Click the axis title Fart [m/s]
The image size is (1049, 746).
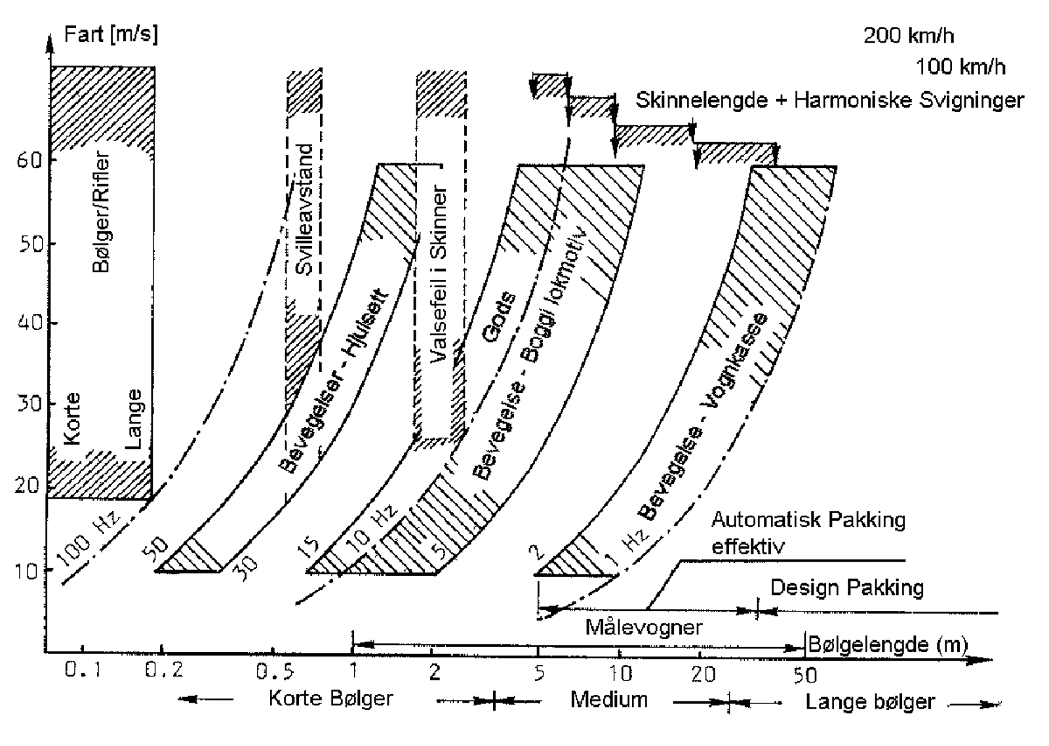(x=110, y=34)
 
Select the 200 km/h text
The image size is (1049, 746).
(x=908, y=35)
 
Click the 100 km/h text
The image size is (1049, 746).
(x=960, y=66)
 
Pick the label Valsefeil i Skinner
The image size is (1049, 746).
(x=440, y=274)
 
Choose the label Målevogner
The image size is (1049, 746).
(x=643, y=627)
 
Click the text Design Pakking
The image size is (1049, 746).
(x=846, y=587)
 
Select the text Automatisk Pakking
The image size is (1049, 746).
(x=808, y=520)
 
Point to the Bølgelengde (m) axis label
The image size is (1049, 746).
(x=888, y=644)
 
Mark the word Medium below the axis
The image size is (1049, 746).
(x=608, y=699)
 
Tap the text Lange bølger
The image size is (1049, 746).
(x=869, y=701)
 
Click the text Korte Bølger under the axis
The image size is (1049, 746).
(x=330, y=698)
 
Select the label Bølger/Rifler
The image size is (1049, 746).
(x=101, y=213)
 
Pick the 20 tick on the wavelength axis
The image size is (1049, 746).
(x=703, y=673)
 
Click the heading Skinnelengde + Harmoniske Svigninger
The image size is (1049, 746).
(x=829, y=100)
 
